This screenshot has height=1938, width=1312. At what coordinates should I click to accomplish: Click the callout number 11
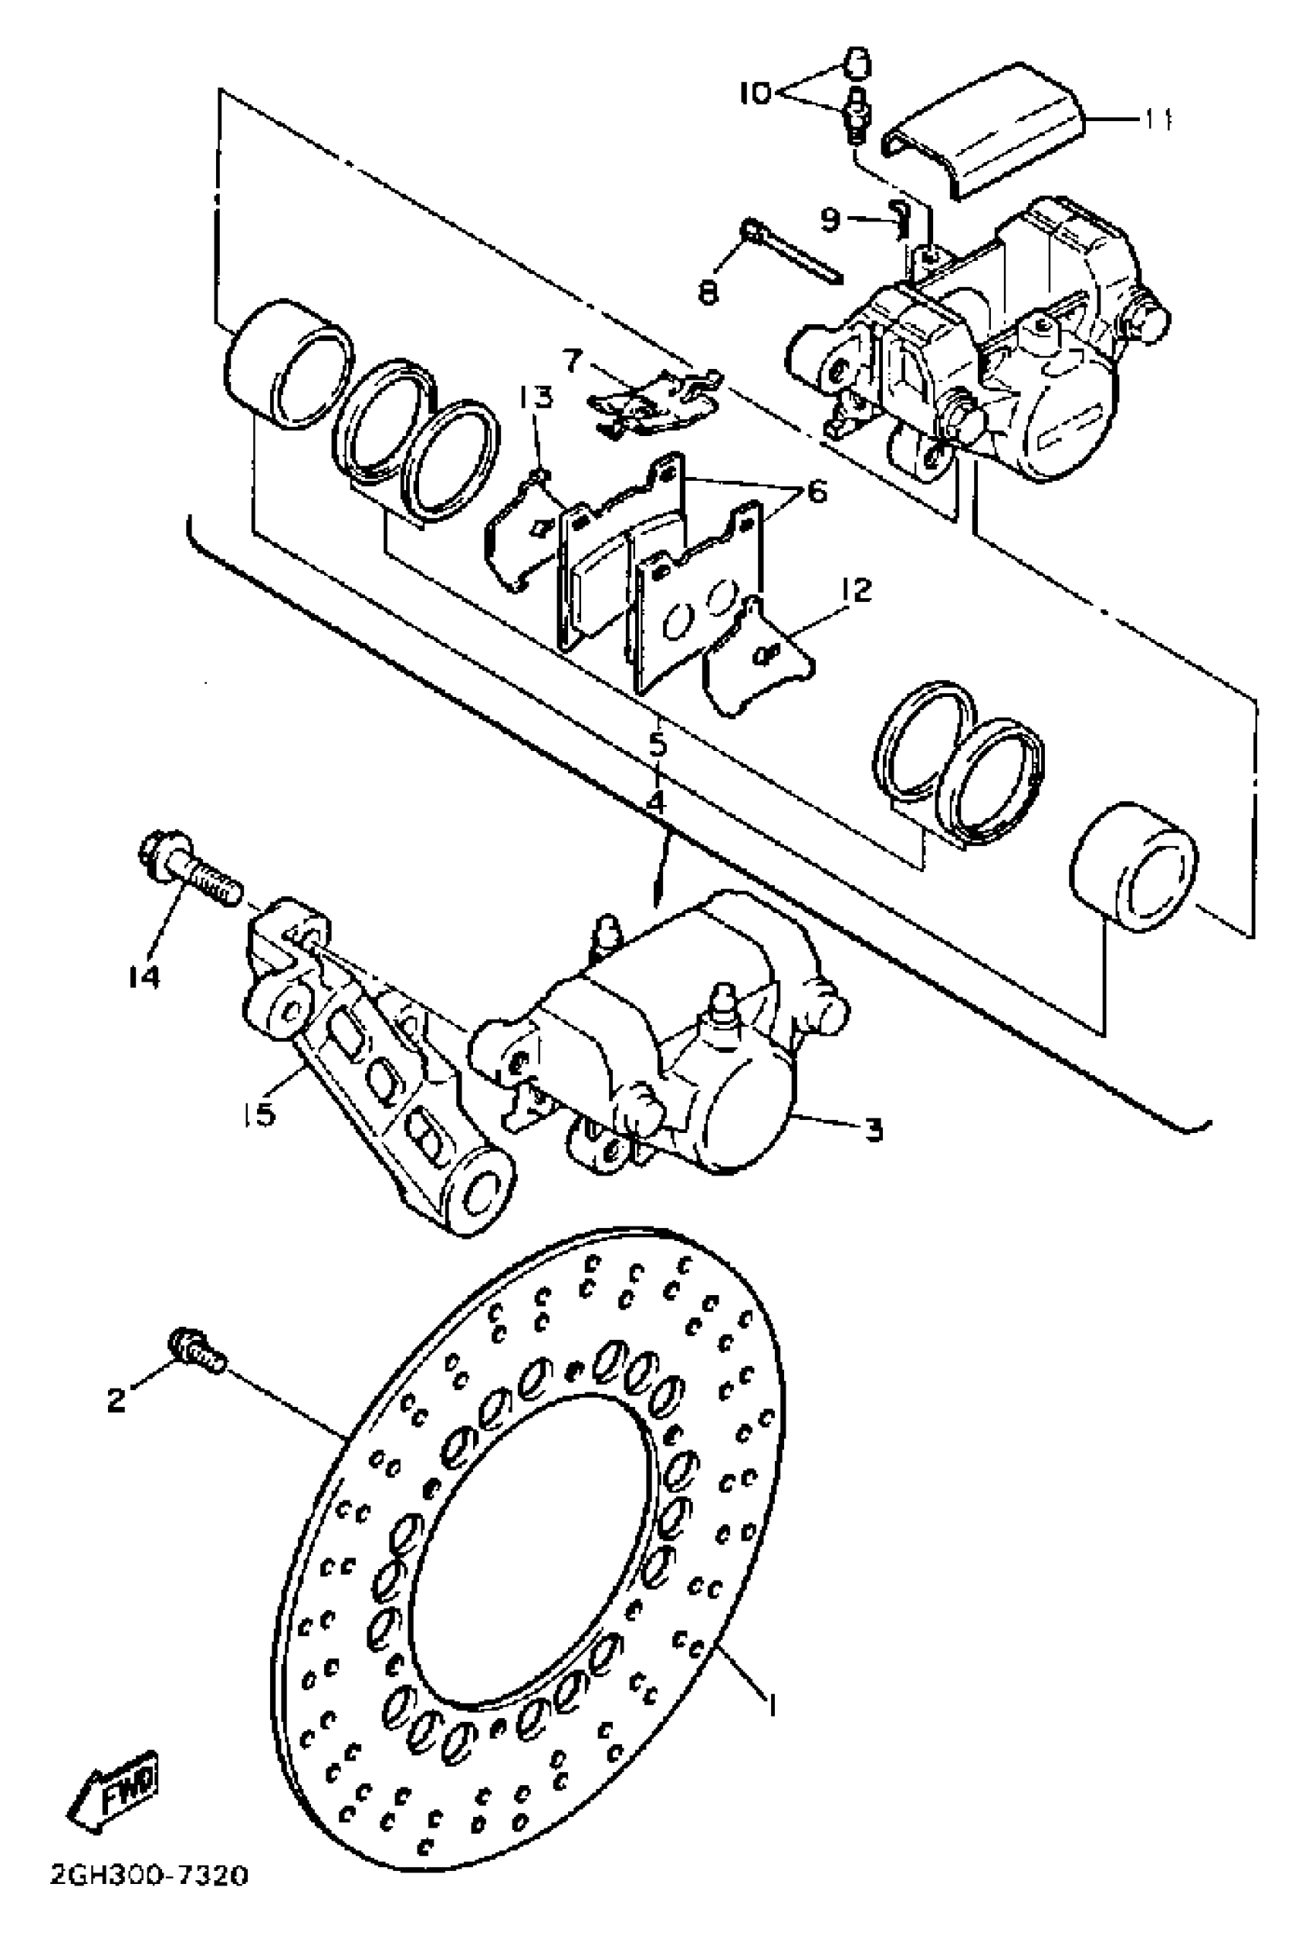[x=1156, y=121]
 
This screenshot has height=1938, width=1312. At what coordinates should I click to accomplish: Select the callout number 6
[x=816, y=491]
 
